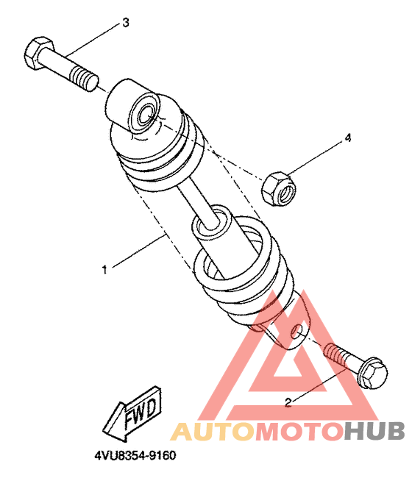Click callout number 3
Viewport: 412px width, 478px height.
pyautogui.click(x=126, y=23)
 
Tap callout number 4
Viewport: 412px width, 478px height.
pyautogui.click(x=348, y=138)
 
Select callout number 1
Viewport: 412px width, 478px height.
pyautogui.click(x=104, y=269)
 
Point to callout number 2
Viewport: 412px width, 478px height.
pyautogui.click(x=288, y=402)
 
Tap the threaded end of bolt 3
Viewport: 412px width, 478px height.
pyautogui.click(x=84, y=79)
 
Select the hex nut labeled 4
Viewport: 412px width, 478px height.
pyautogui.click(x=278, y=189)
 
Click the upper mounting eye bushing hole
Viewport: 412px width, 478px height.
pyautogui.click(x=146, y=114)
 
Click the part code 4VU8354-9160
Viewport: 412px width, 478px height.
pyautogui.click(x=135, y=455)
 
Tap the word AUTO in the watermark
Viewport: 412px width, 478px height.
pyautogui.click(x=212, y=432)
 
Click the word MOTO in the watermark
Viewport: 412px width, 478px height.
pyautogui.click(x=298, y=432)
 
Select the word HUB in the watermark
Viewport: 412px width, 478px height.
pyautogui.click(x=374, y=431)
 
